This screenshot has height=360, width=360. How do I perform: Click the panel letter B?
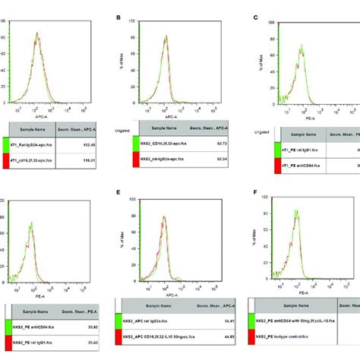point(117,17)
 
